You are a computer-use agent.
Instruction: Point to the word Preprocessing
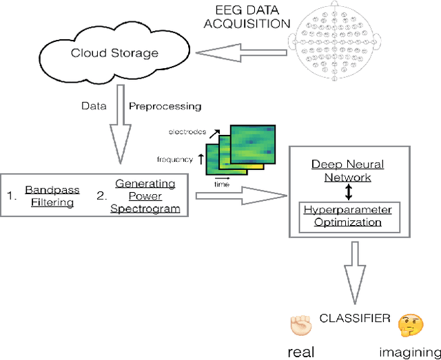[x=165, y=106]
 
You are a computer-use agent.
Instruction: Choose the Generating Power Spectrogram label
[x=145, y=196]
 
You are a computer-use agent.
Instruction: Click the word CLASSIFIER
[x=354, y=319]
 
